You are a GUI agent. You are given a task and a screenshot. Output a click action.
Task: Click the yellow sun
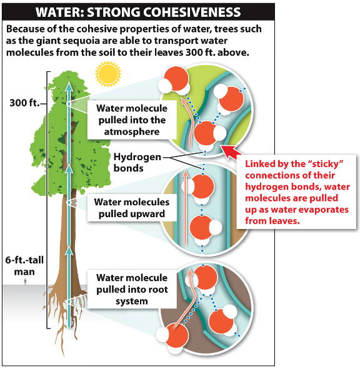[x=108, y=74]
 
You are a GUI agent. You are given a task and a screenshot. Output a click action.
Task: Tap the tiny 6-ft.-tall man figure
[x=25, y=282]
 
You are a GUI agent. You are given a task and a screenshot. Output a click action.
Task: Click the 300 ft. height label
[x=24, y=103]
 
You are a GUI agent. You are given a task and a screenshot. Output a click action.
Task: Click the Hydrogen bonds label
[x=137, y=163]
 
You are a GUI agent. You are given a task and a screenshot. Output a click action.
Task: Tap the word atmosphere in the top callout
[x=132, y=131]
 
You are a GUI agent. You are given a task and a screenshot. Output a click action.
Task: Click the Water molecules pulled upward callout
[x=132, y=208]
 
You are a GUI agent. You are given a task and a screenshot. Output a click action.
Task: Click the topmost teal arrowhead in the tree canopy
[x=69, y=85]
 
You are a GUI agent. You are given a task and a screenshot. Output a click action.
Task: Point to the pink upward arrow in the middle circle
[x=186, y=208]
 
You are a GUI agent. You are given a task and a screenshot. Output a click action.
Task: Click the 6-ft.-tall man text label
[x=24, y=266]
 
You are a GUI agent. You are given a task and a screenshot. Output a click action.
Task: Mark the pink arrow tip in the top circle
[x=184, y=100]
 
